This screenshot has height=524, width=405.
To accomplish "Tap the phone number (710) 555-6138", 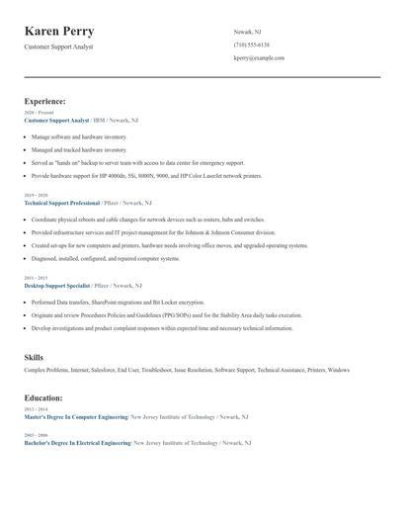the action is pos(251,44).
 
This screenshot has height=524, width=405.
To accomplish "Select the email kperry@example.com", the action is pos(259,58).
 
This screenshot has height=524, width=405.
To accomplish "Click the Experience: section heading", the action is pos(45,101).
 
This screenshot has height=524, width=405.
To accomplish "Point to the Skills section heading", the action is pos(34,357).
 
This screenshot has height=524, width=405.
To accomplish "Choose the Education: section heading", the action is pos(43,397).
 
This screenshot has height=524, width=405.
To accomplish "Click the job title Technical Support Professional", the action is pos(62,202).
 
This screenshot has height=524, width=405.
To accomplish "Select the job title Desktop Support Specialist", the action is pos(58,285).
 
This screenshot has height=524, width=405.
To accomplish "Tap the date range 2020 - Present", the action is pos(35,113).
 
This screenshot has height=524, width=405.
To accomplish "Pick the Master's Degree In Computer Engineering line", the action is pos(76,417).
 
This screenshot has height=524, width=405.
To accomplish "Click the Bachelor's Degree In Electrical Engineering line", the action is pos(76,443).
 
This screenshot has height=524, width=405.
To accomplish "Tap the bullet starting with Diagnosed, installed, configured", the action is pos(105,258).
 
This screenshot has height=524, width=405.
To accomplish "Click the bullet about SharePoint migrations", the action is pos(118,302).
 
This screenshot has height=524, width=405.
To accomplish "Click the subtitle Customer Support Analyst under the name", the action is pos(58,47).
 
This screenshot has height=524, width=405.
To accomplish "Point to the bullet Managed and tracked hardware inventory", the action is pos(79,149).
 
